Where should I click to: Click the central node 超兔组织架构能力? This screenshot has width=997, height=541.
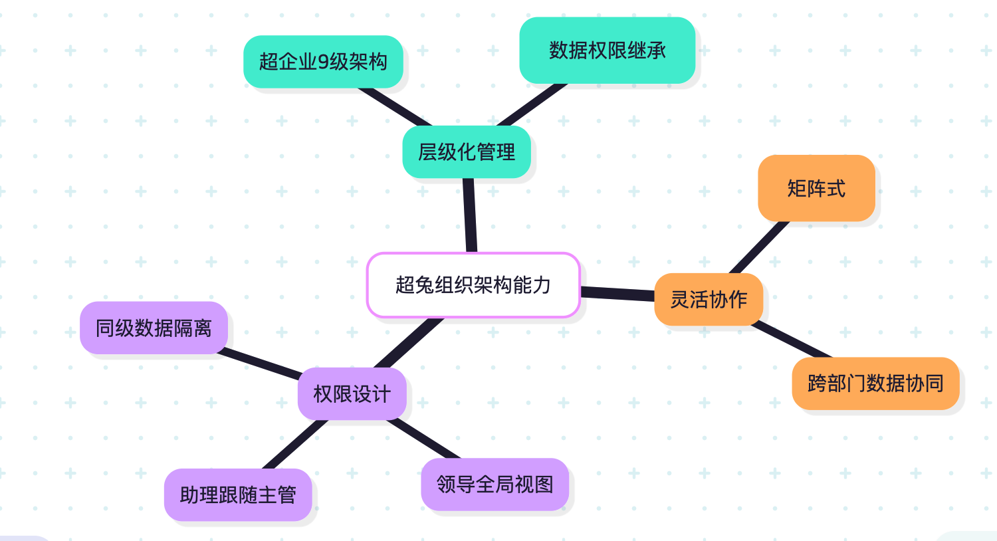(x=473, y=285)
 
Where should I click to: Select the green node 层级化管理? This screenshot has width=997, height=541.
(x=467, y=152)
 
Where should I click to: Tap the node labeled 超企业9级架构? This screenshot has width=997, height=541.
(x=323, y=62)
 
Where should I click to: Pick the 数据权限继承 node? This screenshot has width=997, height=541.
(x=607, y=51)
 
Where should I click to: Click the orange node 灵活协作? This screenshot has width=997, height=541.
(x=709, y=300)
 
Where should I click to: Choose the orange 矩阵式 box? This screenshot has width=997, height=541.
(x=816, y=189)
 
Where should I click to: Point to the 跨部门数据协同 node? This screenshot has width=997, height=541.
(x=875, y=383)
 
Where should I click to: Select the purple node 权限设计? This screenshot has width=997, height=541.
(x=352, y=394)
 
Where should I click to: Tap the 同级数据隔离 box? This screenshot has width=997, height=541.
(x=154, y=328)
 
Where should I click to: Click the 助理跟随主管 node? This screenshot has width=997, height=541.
(x=238, y=495)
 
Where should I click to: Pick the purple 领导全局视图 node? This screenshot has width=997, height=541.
(x=495, y=485)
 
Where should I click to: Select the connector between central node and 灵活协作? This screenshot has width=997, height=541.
(x=617, y=294)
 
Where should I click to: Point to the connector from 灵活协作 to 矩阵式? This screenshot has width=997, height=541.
(x=760, y=247)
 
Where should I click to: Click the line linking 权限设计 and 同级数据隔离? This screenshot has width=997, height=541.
(x=261, y=363)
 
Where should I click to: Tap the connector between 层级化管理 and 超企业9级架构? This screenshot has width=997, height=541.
(x=394, y=106)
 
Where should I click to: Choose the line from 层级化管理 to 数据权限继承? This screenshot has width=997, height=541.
(x=532, y=105)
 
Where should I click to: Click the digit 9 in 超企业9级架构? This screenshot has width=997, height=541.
(x=323, y=62)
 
